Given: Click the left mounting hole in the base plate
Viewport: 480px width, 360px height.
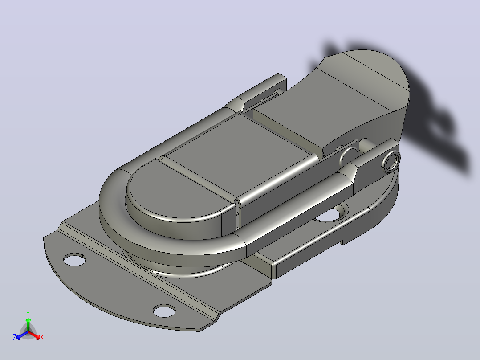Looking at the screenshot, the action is pyautogui.click(x=74, y=259).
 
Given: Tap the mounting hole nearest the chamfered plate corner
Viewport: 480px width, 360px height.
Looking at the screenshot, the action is pyautogui.click(x=164, y=311).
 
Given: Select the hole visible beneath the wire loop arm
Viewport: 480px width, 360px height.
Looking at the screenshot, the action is pyautogui.click(x=332, y=213).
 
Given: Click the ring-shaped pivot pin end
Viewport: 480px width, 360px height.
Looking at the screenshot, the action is pyautogui.click(x=391, y=161).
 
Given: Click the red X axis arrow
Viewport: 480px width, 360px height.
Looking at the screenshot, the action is pyautogui.click(x=34, y=335).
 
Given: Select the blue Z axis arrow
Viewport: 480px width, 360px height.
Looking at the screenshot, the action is pyautogui.click(x=22, y=335).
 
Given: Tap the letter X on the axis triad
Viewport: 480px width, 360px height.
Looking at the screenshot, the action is pyautogui.click(x=42, y=337).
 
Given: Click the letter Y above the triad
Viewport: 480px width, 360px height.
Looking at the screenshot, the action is pyautogui.click(x=28, y=313).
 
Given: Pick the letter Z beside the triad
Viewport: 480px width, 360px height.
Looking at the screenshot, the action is pyautogui.click(x=14, y=337).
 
